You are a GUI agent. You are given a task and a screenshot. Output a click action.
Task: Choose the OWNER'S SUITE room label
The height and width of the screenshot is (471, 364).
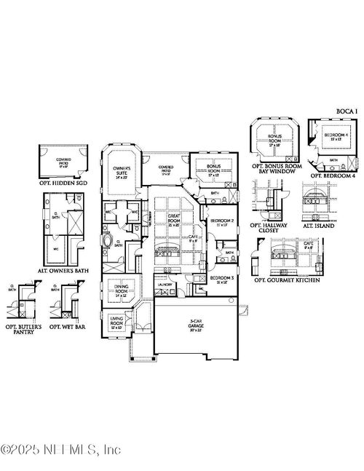point(120,173)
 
